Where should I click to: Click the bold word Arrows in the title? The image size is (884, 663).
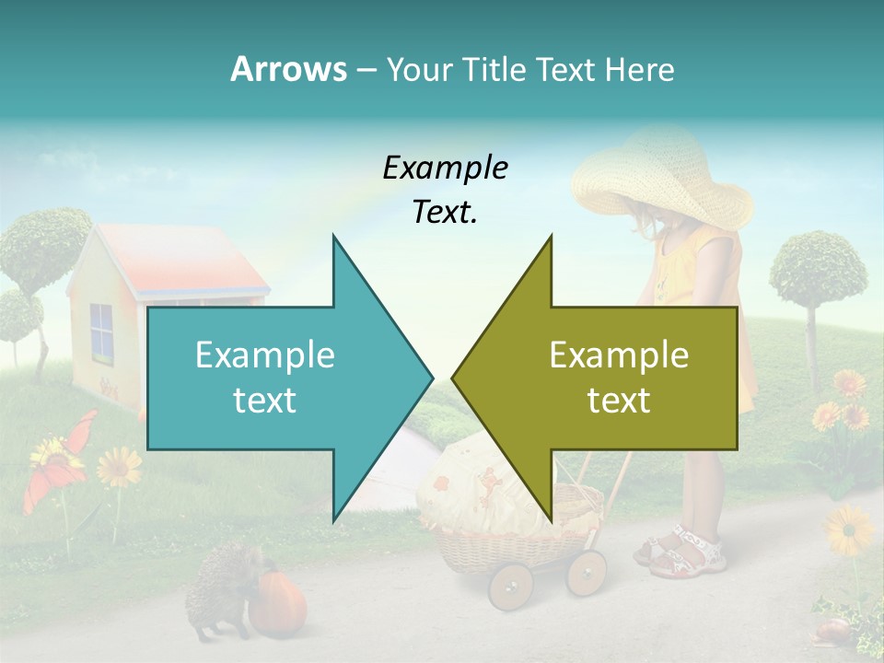pyautogui.click(x=289, y=69)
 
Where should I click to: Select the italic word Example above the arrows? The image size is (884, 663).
pyautogui.click(x=445, y=168)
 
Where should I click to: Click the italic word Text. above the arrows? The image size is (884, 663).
pyautogui.click(x=445, y=212)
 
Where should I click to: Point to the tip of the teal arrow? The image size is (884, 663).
pyautogui.click(x=431, y=378)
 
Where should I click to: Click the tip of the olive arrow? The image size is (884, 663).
pyautogui.click(x=454, y=378)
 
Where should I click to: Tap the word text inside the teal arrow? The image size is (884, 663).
pyautogui.click(x=264, y=400)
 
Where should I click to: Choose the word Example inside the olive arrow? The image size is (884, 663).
pyautogui.click(x=619, y=355)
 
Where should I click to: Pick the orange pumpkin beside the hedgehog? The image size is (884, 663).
pyautogui.click(x=277, y=603)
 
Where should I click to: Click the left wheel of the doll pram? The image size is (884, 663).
pyautogui.click(x=510, y=585)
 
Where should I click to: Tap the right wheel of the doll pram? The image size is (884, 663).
pyautogui.click(x=586, y=572)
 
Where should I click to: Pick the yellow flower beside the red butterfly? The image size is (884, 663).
pyautogui.click(x=119, y=467)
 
